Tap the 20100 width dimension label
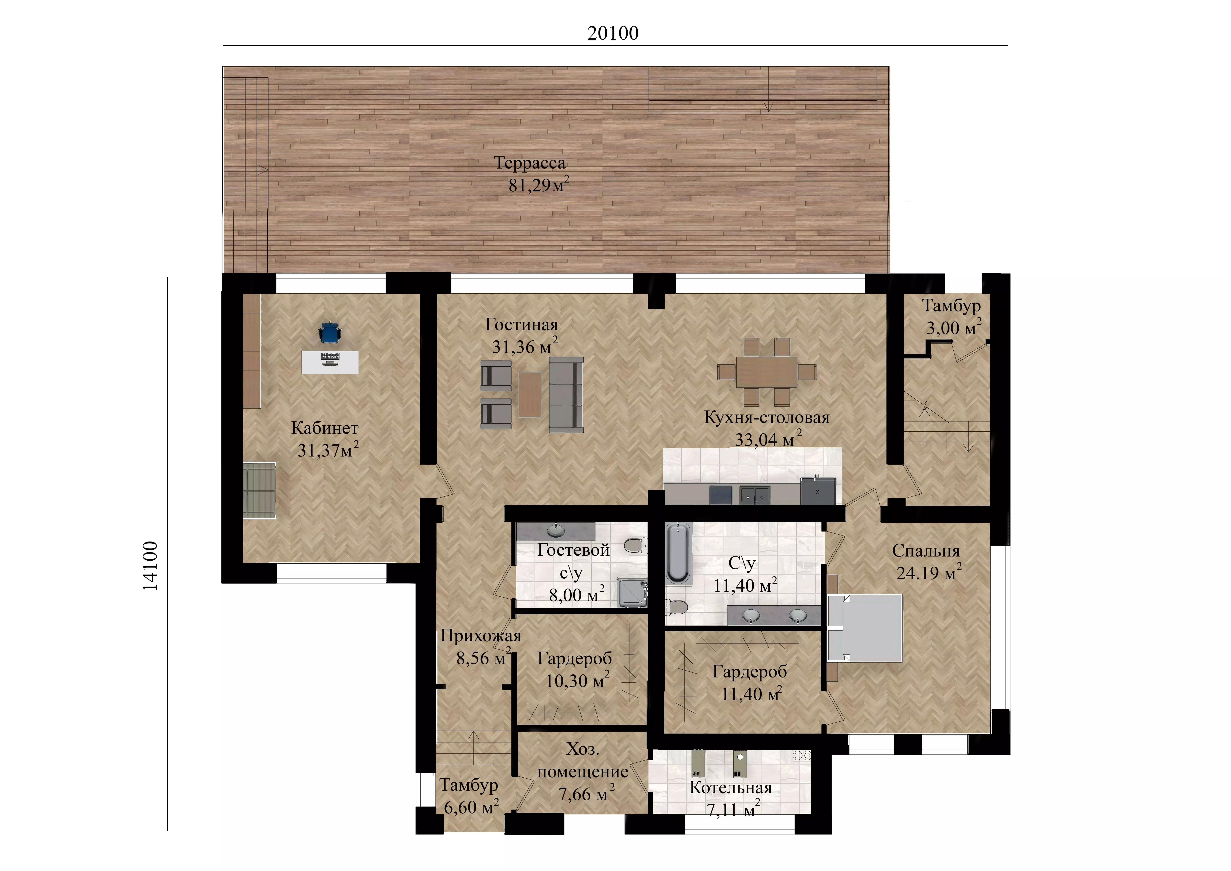pos(613,33)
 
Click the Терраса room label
pos(530,163)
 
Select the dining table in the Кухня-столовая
pos(767,371)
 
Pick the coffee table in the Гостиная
pos(530,395)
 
